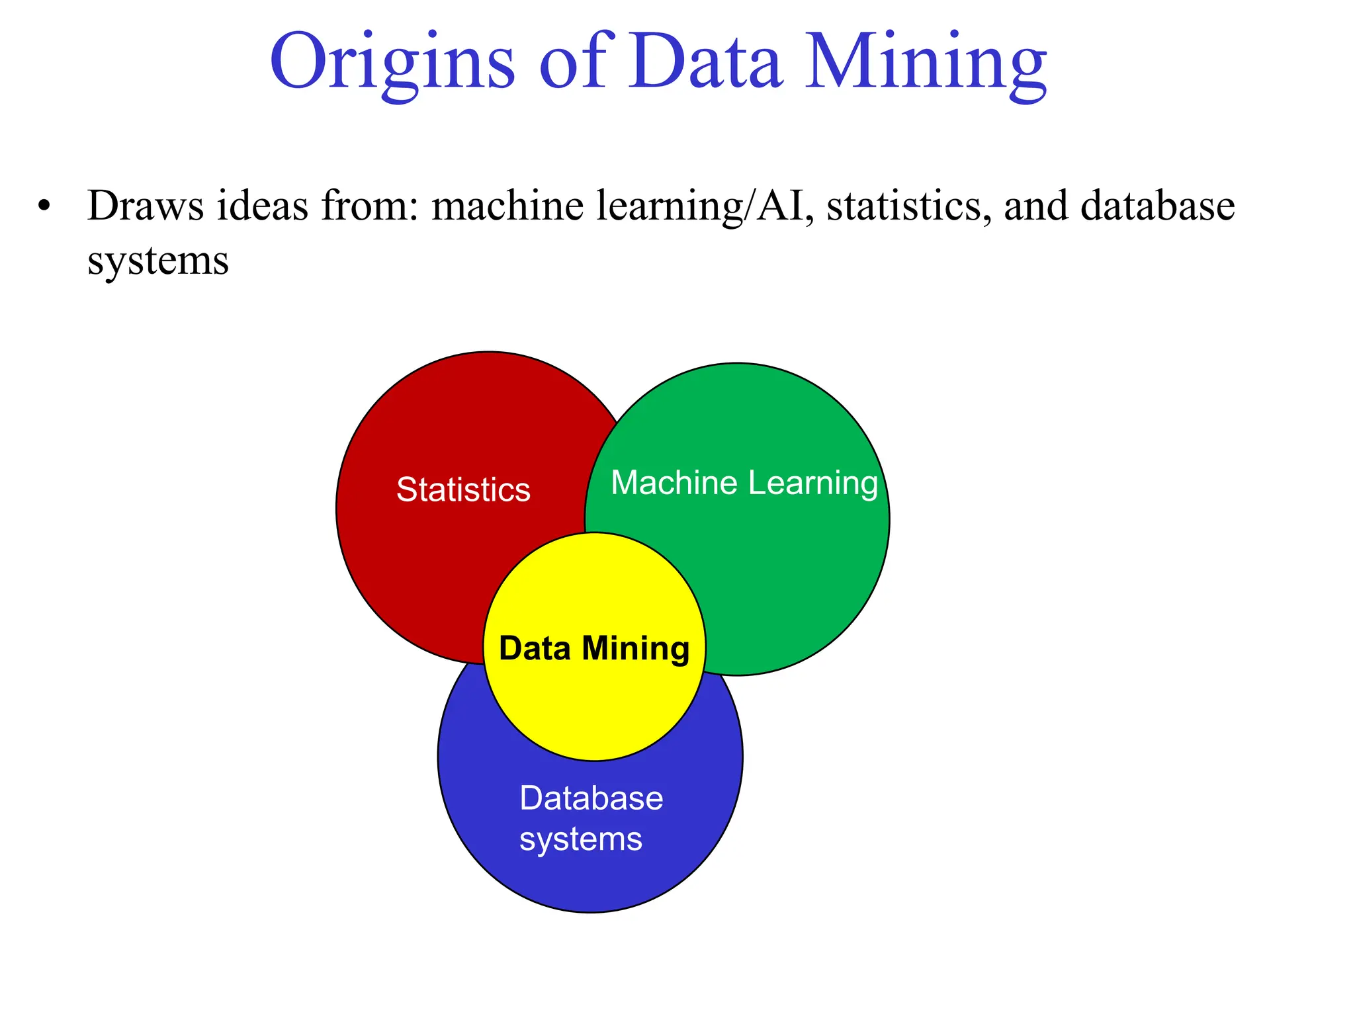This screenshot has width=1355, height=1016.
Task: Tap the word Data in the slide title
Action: [x=705, y=63]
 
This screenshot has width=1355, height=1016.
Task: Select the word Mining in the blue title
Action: [x=926, y=63]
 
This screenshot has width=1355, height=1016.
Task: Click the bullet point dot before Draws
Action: [x=44, y=206]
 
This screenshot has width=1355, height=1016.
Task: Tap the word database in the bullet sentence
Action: [x=1158, y=206]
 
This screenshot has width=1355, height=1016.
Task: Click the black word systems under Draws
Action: [x=158, y=261]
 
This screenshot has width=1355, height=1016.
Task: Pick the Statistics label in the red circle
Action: [x=463, y=490]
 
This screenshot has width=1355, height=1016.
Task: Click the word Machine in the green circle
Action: [x=674, y=482]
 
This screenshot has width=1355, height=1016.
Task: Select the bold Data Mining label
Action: [x=594, y=648]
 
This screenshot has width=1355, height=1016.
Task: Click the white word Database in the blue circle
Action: [x=591, y=798]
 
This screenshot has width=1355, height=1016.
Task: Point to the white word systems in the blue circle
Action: [x=580, y=839]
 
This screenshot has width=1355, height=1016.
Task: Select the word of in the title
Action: [x=573, y=63]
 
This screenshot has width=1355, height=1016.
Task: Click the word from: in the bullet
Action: [x=369, y=206]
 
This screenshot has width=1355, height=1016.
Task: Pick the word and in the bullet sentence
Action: [x=1036, y=206]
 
